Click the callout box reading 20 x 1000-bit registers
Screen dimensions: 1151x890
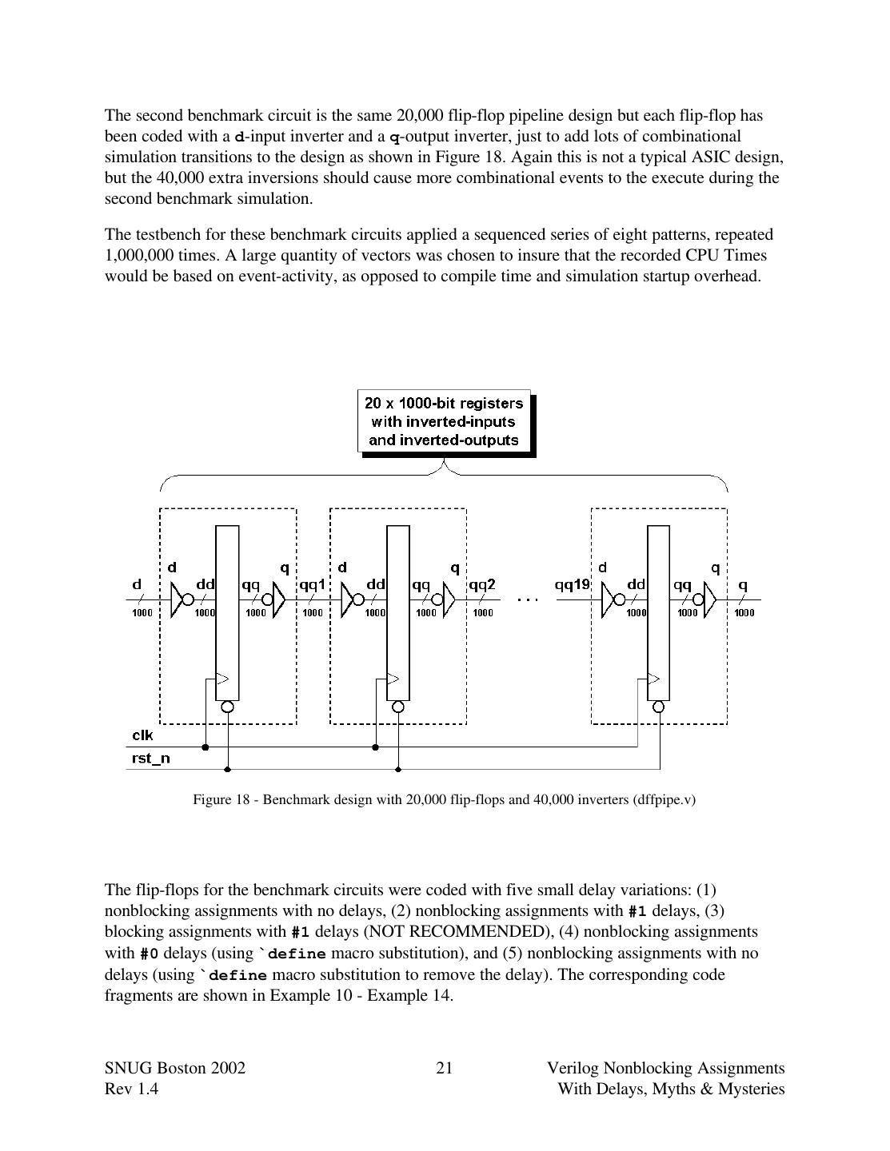(444, 421)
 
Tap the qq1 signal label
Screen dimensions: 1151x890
(312, 585)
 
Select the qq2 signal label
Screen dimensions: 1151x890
(482, 585)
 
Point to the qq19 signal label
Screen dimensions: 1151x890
(572, 585)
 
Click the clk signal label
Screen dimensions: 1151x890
(142, 735)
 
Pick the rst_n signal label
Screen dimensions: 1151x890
(150, 758)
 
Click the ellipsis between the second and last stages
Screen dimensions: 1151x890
(528, 598)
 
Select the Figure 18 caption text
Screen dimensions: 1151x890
(444, 799)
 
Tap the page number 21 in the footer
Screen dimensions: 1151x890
(445, 1068)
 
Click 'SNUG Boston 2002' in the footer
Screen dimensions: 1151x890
(175, 1068)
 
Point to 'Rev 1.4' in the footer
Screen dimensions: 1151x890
(131, 1089)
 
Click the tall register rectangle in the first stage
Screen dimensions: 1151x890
(227, 612)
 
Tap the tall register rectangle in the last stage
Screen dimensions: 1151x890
(658, 612)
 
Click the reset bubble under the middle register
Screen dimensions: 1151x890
(398, 707)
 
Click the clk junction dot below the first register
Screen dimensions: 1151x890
(206, 747)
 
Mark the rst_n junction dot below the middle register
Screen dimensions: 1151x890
(398, 769)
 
